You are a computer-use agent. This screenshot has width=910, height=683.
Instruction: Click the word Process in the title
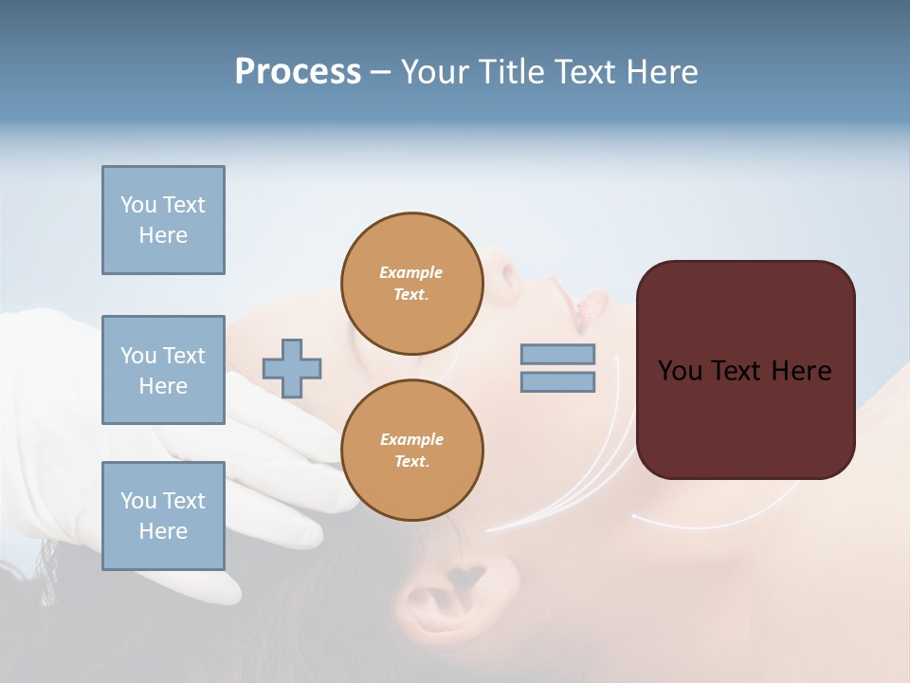click(298, 72)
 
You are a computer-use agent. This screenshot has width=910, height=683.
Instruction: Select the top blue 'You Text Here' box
click(163, 220)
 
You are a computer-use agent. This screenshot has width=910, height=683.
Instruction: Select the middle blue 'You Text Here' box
click(163, 370)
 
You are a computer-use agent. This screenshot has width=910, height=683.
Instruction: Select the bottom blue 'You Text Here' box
click(163, 515)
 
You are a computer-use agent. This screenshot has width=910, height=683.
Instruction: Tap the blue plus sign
click(292, 368)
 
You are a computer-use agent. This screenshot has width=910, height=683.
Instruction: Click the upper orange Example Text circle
click(411, 284)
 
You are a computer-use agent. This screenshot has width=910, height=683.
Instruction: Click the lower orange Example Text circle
click(411, 450)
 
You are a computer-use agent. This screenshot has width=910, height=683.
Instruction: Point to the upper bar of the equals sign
click(557, 354)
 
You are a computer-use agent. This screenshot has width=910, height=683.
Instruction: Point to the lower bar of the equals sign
click(557, 382)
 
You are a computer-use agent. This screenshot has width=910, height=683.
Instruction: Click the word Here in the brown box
click(802, 371)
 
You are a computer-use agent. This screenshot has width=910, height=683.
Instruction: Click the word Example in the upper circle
click(411, 272)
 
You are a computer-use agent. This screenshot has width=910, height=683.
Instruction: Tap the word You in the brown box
click(680, 371)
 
